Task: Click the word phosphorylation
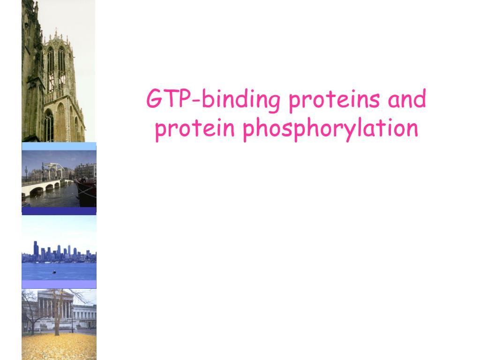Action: [x=330, y=129]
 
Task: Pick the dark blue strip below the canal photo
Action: [x=59, y=211]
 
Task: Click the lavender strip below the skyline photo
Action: [x=59, y=284]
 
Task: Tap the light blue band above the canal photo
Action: [x=59, y=146]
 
